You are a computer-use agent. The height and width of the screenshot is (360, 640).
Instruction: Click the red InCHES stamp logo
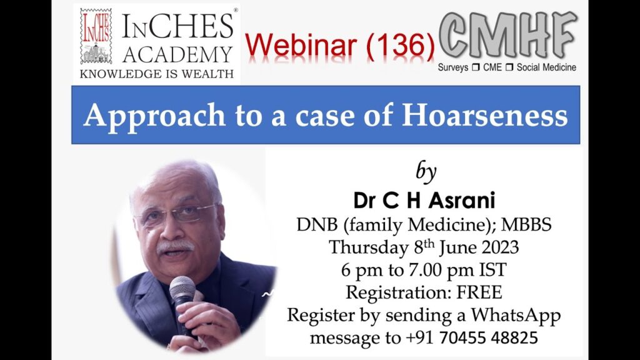click(x=96, y=36)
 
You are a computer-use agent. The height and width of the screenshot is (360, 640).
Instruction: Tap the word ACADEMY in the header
click(x=177, y=55)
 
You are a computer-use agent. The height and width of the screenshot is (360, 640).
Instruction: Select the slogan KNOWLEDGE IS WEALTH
click(x=157, y=74)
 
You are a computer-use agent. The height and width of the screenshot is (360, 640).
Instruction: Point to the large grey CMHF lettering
click(x=508, y=35)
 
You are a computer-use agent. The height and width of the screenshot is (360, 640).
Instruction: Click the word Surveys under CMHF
click(x=452, y=67)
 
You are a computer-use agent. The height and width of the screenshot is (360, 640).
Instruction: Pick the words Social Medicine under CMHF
click(x=546, y=67)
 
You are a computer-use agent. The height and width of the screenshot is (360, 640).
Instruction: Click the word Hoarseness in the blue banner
click(x=484, y=115)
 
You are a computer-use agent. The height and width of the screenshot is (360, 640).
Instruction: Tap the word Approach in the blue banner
click(x=154, y=116)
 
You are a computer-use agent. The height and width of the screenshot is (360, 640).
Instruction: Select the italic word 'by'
click(x=426, y=171)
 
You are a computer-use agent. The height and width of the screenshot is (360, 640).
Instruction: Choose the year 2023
click(x=500, y=247)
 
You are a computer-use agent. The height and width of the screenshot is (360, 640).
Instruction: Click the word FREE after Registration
click(x=479, y=292)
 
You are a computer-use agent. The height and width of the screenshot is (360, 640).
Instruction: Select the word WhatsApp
click(x=516, y=316)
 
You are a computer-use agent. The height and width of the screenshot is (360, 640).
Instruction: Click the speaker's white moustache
click(x=175, y=246)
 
